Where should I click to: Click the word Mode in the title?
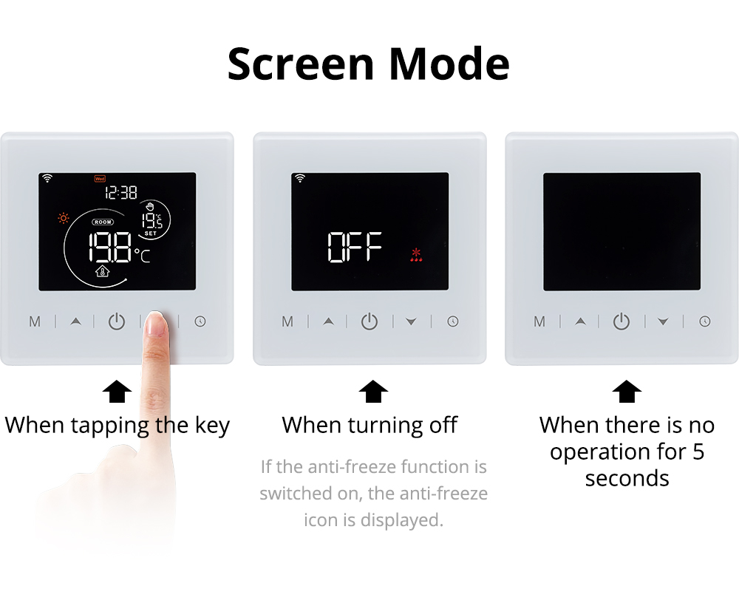coord(449,64)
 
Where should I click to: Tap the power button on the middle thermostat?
coord(369,321)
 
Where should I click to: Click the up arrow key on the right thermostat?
coord(581,321)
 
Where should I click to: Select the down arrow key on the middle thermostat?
coord(411,321)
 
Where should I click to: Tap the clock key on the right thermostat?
coord(704,321)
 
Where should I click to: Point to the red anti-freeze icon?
coord(416,255)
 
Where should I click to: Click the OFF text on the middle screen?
coord(355,247)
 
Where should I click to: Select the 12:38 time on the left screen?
coord(121,192)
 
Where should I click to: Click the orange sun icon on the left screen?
coord(63,218)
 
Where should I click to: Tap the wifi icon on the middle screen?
coord(300,178)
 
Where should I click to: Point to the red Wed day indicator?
coord(100,179)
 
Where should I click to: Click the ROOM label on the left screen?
coord(103,222)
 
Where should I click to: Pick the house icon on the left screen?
coord(102,271)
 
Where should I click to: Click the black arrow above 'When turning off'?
coord(373,392)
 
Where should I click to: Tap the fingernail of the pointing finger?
coord(157,322)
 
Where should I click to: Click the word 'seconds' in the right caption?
coord(627,479)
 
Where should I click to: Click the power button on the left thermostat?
coord(117,321)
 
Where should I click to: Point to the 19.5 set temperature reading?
coord(151,221)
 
